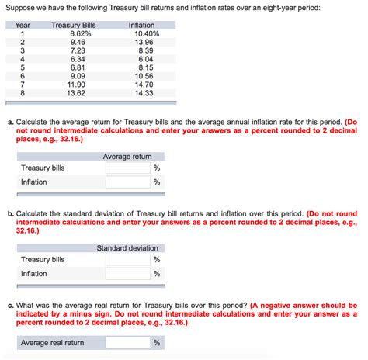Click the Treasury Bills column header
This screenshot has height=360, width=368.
coord(73,26)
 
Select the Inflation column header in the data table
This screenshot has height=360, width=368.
coord(141,26)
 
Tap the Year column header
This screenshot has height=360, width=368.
coord(23,26)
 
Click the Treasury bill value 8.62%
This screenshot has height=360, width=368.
coord(81,34)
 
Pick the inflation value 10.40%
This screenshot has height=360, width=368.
coord(146,34)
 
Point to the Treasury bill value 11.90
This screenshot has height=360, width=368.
coord(83,84)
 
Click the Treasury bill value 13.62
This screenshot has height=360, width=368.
coord(83,92)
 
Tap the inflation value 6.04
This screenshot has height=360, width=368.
coord(146,59)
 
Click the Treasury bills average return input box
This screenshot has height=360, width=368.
coord(127,168)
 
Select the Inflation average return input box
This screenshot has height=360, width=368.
coord(127,182)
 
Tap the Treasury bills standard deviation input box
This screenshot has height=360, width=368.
coord(127,260)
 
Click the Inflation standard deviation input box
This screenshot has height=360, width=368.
coord(127,274)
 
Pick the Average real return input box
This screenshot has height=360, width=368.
coord(127,343)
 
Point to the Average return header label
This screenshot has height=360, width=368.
coord(127,157)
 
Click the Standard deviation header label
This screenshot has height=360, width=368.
coord(127,248)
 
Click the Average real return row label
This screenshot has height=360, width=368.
coord(53,343)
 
